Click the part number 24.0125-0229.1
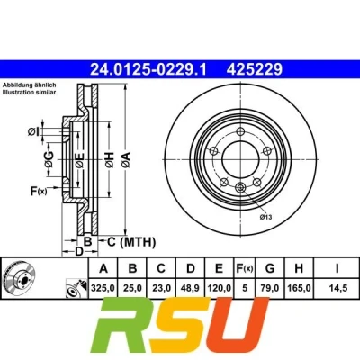[x=148, y=69]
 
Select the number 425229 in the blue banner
[x=255, y=69]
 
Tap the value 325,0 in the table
[x=103, y=288]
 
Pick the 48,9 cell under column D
[x=191, y=288]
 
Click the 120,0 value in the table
[x=219, y=288]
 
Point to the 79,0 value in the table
[x=270, y=288]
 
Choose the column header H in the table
[x=299, y=268]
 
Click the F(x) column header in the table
[x=245, y=268]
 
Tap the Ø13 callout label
[x=265, y=217]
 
